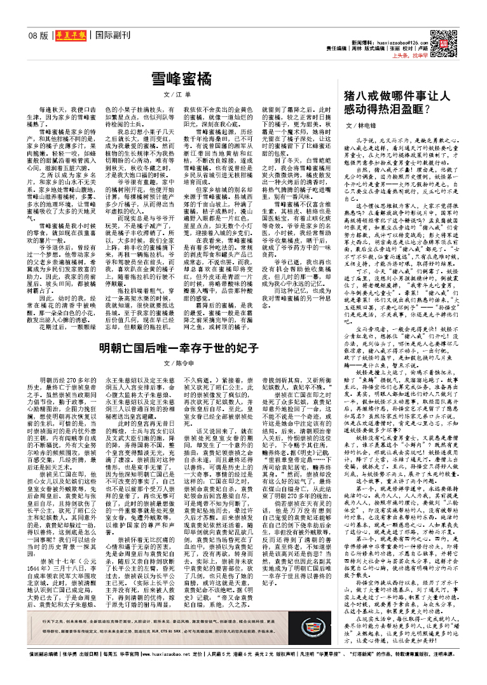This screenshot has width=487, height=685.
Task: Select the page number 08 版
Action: click(x=39, y=36)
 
